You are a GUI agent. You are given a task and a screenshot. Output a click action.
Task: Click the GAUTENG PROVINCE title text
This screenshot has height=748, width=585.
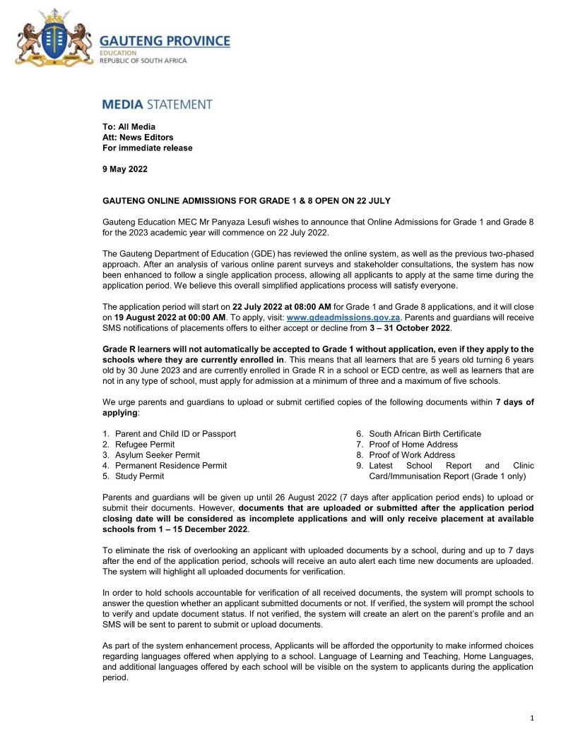(165, 41)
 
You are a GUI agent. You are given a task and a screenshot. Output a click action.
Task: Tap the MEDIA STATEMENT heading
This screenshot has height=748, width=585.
(157, 104)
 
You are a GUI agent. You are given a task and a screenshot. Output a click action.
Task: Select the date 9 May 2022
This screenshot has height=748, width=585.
(125, 170)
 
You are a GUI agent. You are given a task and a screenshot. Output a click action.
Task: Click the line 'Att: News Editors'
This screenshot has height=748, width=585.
(138, 138)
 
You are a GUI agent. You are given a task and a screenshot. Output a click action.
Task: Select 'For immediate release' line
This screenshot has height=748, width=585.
(147, 148)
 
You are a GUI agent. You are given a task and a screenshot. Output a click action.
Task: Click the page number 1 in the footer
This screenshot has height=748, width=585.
(531, 718)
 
